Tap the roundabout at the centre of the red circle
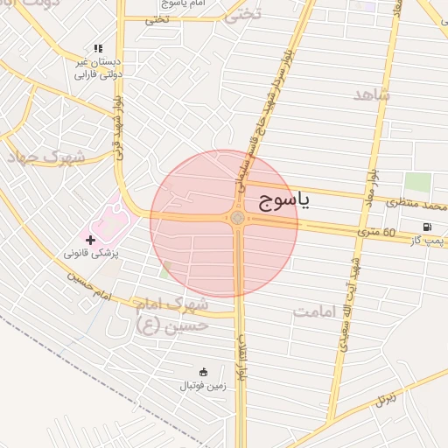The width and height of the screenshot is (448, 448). (x=237, y=218)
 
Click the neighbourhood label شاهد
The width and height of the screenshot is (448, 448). (x=371, y=94)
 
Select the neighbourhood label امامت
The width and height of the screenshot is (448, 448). (x=318, y=311)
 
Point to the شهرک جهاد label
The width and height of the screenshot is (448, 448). (x=45, y=157)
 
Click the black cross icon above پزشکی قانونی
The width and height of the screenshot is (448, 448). (x=90, y=239)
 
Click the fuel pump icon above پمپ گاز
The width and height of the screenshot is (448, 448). (x=427, y=227)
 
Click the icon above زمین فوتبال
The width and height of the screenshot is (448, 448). (x=204, y=371)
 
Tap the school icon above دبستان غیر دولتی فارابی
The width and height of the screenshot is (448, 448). (x=97, y=48)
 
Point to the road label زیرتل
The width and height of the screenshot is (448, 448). (x=386, y=400)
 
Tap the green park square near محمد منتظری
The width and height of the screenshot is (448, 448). (x=417, y=183)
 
